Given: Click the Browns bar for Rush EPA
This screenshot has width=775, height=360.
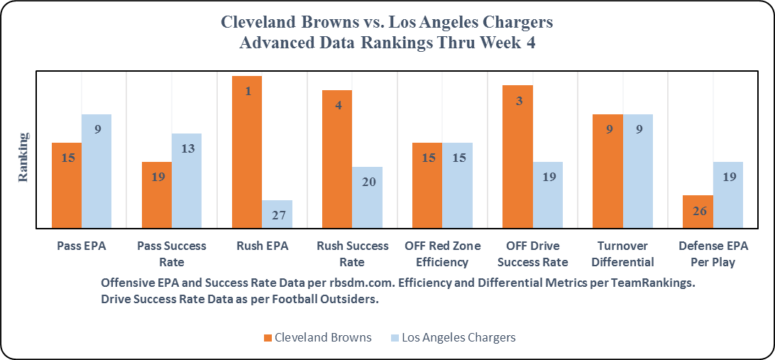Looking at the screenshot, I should [247, 152].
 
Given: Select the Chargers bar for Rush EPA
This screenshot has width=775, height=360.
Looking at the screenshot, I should [277, 214].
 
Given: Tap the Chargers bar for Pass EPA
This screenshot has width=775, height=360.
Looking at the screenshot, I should [97, 171].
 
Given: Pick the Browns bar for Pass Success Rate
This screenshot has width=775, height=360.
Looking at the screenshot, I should [157, 195].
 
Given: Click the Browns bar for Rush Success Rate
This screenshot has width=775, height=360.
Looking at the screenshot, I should [337, 159].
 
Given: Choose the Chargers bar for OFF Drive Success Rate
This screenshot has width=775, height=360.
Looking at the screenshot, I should [548, 195].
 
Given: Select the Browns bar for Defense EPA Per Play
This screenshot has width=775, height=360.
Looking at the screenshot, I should [698, 212].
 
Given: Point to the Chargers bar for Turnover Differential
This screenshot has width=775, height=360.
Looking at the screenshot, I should [638, 171].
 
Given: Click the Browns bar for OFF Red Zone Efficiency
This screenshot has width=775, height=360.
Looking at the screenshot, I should [427, 185].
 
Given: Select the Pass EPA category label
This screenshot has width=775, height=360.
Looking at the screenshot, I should [82, 246].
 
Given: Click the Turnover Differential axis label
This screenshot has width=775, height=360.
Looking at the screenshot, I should [622, 253].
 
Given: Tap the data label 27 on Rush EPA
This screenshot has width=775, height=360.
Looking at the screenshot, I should [277, 214].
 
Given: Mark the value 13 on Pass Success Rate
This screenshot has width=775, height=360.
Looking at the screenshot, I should [187, 149].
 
